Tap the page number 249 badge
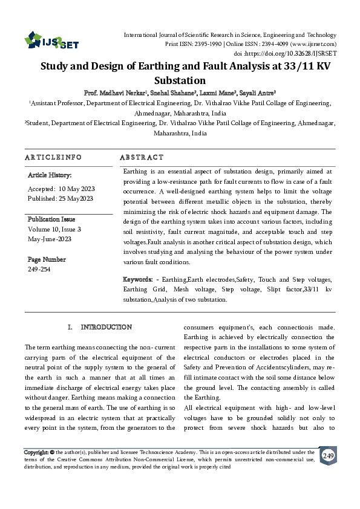tap(327, 456)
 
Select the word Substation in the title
tap(181, 80)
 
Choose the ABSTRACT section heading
tap(142, 157)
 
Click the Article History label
tap(50, 175)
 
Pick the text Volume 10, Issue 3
tap(54, 230)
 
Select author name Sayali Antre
tap(259, 92)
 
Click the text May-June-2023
tap(50, 239)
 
